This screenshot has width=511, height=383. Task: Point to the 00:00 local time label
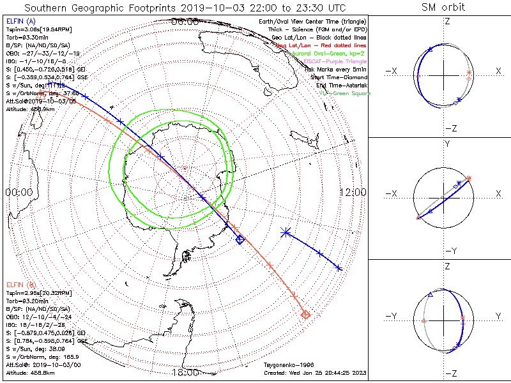point(19,192)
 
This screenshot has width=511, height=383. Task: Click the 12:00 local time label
point(353,192)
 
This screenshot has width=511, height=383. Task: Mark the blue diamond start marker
point(240,239)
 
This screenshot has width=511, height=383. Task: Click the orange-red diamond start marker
point(305,314)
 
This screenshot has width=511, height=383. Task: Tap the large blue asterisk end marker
point(285,234)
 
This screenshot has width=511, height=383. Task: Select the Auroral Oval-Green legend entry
point(337,55)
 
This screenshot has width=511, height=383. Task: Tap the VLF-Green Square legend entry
point(344,93)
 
